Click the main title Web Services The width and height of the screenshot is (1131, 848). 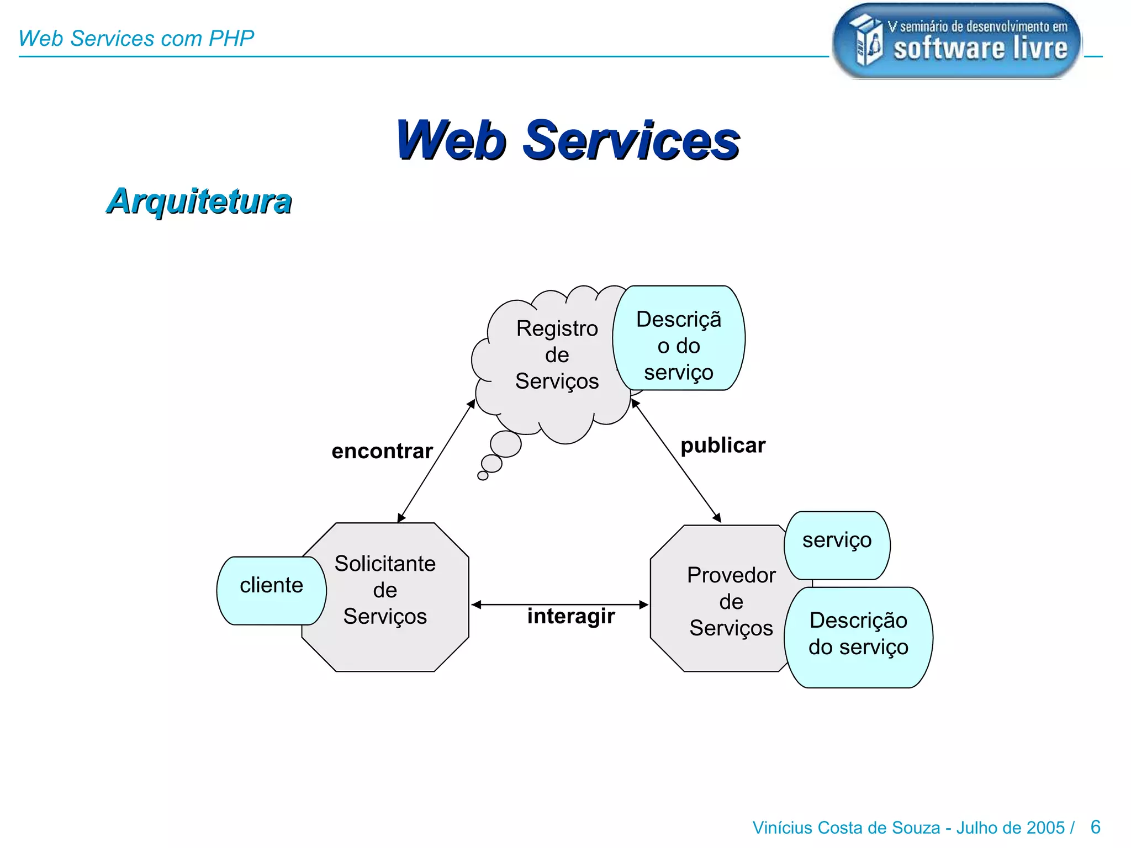[568, 141]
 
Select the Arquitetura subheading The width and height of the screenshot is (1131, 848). [199, 201]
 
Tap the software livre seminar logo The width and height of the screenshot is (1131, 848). [956, 41]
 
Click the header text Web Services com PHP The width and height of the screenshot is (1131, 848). [136, 39]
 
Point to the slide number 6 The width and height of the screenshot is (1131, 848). [1096, 827]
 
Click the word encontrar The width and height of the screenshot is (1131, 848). [382, 451]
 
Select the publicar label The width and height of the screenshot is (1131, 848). [723, 446]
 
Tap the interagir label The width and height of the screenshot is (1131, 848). [571, 616]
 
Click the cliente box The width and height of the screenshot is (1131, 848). [271, 590]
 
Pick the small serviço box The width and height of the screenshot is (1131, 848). [837, 545]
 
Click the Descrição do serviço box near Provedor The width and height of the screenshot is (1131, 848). [858, 637]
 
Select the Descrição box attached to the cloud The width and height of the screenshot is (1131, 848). [679, 338]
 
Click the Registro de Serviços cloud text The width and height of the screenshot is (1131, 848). [557, 354]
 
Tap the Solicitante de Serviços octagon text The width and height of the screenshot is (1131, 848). [385, 590]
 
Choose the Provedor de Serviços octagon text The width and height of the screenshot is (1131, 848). [731, 601]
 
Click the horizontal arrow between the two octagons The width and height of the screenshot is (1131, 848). [559, 605]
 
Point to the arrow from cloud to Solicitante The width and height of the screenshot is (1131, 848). [436, 460]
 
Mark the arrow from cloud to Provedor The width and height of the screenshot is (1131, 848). [676, 460]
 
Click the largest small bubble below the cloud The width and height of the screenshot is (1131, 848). [506, 444]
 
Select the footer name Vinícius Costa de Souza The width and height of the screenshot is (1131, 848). [846, 828]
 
